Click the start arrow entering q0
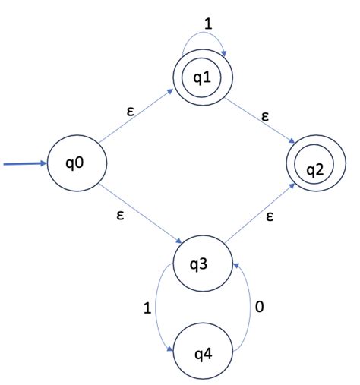(23, 163)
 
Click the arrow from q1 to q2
(258, 125)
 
